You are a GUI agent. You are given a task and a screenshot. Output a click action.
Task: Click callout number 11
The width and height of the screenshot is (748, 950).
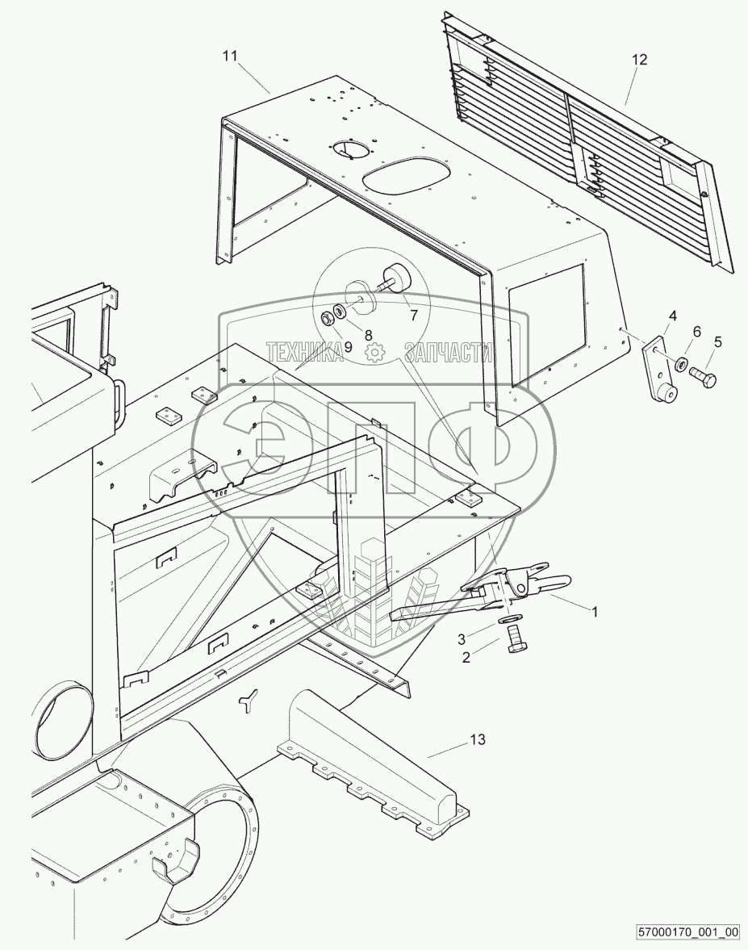[230, 56]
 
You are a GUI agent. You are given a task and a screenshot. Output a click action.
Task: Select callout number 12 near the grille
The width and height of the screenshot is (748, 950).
[640, 60]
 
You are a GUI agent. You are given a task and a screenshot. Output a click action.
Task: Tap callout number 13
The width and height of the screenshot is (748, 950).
[478, 739]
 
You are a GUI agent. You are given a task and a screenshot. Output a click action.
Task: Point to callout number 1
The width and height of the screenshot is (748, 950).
[595, 612]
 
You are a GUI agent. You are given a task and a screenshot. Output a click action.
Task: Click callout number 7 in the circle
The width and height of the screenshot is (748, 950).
[413, 316]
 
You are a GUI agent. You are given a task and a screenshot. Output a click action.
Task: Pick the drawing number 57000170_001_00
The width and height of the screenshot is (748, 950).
[686, 932]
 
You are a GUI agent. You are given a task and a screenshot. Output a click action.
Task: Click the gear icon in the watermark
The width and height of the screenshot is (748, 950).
[374, 351]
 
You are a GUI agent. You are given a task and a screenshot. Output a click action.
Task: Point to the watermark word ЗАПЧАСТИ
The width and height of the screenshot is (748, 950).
[449, 351]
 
